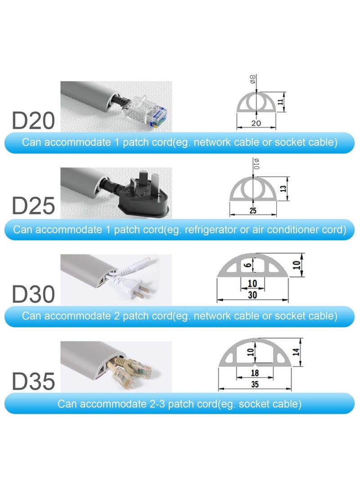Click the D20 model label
pos(33,121)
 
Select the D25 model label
pos(33,206)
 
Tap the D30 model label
pos(33,294)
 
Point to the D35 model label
pos(33,381)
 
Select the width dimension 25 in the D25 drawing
pos(253,210)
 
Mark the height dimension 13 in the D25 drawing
pos(283,188)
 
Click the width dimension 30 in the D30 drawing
pos(252,295)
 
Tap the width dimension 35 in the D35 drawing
pos(255,384)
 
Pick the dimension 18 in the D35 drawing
pos(254,373)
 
